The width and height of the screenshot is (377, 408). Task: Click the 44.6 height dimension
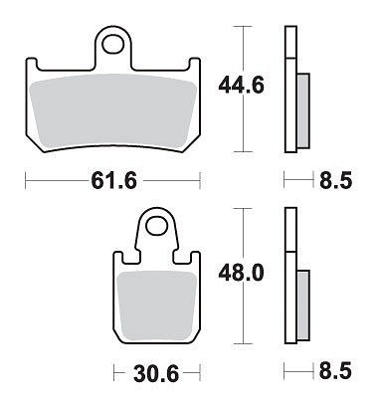point(242,86)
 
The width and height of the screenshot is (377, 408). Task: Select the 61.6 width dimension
point(113,181)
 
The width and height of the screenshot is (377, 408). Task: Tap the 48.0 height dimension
point(241,274)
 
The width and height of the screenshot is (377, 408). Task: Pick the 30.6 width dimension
point(156,374)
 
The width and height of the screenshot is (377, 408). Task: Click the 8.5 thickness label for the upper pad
point(335,181)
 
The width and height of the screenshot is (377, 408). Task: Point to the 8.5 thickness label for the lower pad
point(335,371)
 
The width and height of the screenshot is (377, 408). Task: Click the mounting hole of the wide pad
point(113,45)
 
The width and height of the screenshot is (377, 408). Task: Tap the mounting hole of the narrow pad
point(155,226)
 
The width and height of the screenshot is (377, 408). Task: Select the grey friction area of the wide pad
point(113,110)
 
